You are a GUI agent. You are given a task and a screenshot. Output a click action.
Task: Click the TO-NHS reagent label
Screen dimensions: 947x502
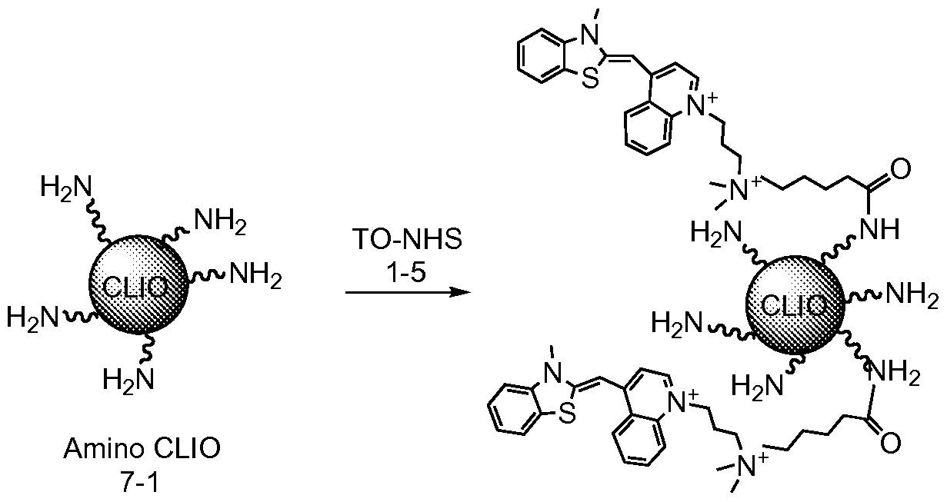point(408,240)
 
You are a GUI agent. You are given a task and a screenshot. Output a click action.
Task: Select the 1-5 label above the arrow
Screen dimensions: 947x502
point(406,273)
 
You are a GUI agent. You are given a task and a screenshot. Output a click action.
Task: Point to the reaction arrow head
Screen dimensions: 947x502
point(460,292)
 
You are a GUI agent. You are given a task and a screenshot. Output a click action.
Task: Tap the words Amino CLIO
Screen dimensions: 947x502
point(142,448)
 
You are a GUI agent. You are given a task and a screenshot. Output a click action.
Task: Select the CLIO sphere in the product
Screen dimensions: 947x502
point(795,304)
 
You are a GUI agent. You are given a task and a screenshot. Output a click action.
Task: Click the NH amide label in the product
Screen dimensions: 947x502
point(880,229)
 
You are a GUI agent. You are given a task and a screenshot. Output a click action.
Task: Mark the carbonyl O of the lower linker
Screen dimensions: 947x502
point(890,444)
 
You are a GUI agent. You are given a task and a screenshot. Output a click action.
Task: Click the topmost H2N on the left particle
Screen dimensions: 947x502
point(66,186)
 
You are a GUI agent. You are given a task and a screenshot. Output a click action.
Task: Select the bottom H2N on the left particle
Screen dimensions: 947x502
point(128,378)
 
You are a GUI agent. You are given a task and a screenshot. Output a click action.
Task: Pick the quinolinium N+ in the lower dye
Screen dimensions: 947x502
point(680,401)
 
